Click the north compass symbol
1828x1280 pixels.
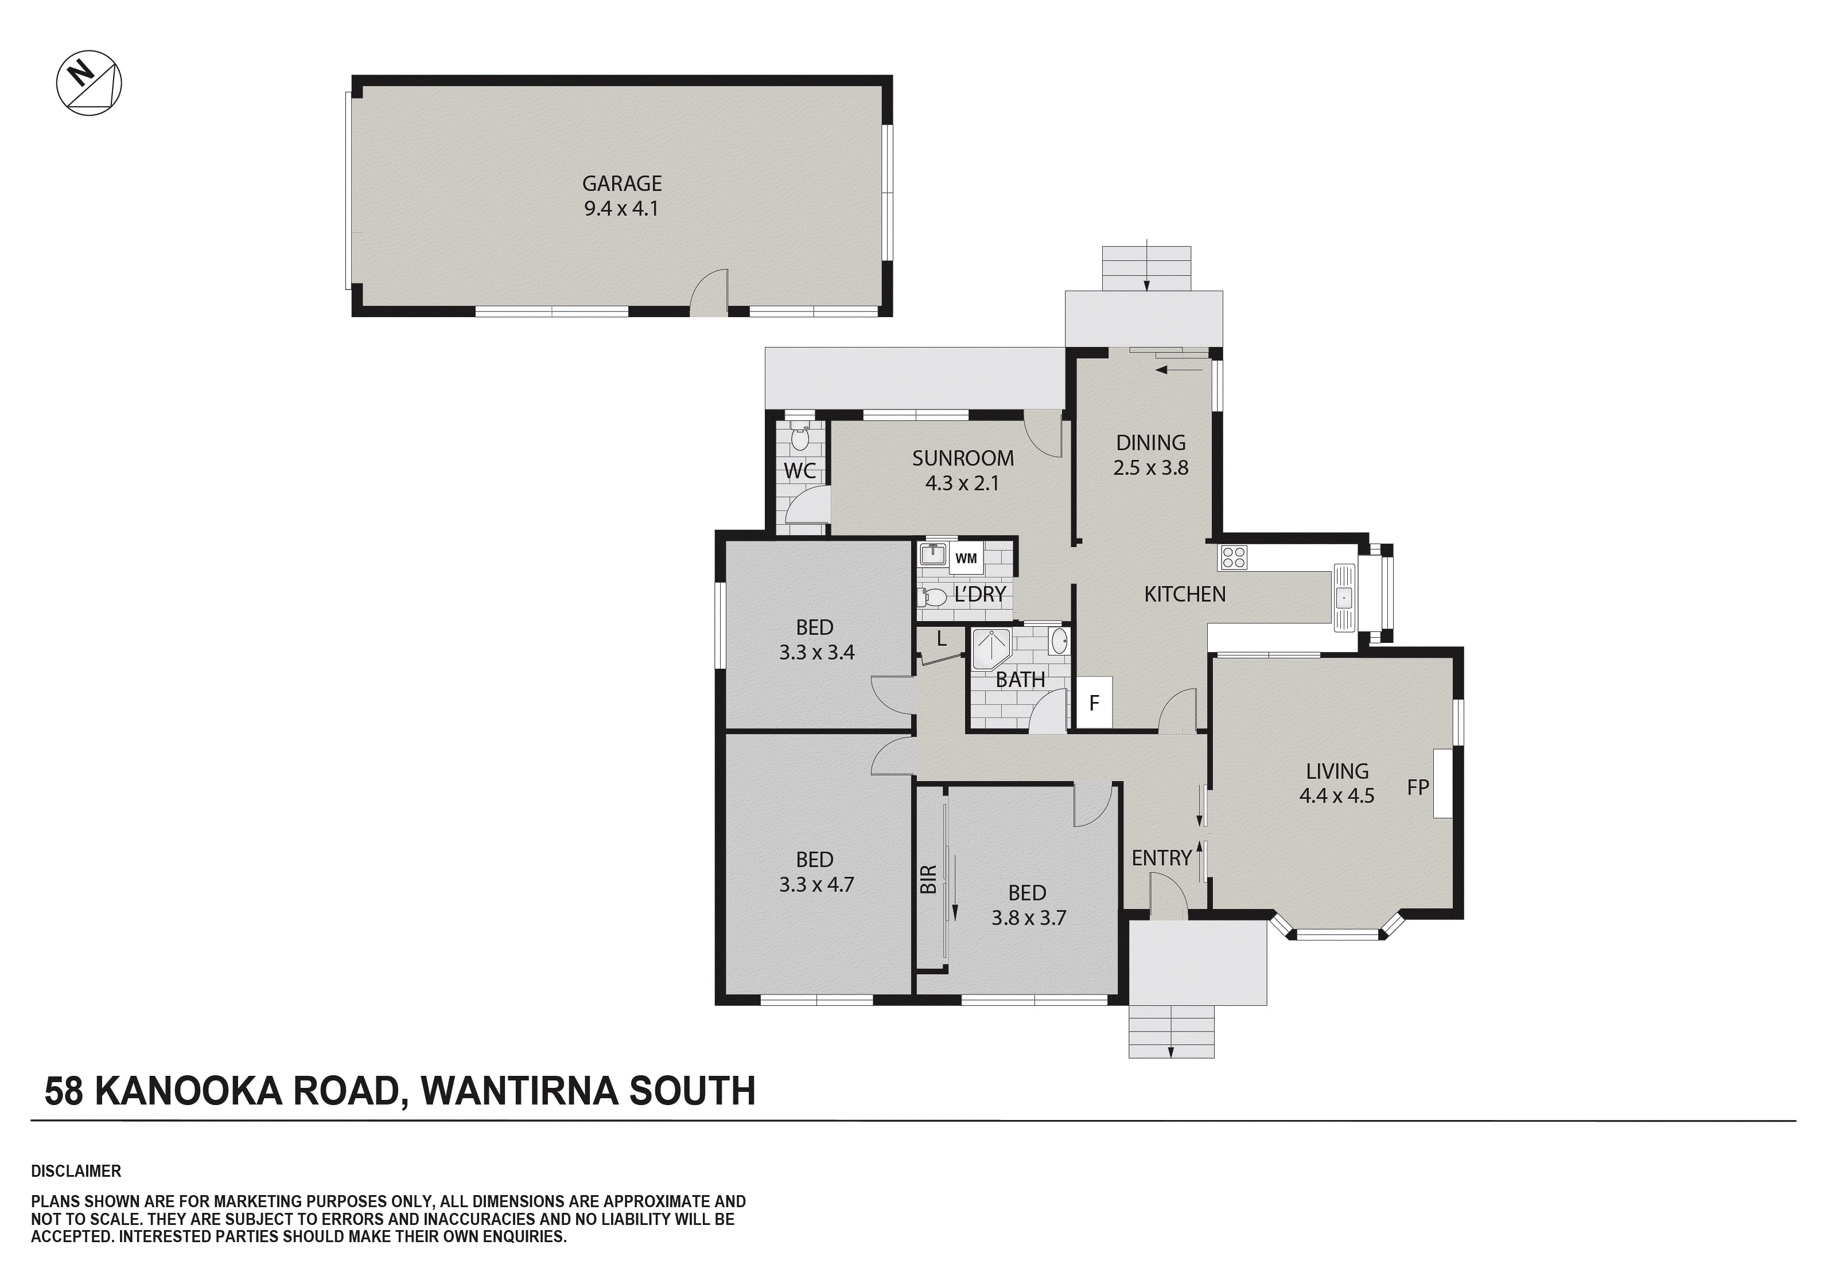pyautogui.click(x=89, y=83)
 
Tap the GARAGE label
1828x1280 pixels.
pyautogui.click(x=622, y=184)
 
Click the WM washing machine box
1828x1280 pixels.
pyautogui.click(x=966, y=558)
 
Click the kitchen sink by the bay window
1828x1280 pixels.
pyautogui.click(x=1344, y=597)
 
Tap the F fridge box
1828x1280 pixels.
pyautogui.click(x=1094, y=703)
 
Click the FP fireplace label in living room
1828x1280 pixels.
pyautogui.click(x=1418, y=787)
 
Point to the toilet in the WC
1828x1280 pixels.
pyautogui.click(x=800, y=436)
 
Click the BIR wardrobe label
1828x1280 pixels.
pyautogui.click(x=928, y=880)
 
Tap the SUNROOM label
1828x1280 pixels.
pyautogui.click(x=963, y=459)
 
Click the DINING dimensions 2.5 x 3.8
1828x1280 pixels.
pyautogui.click(x=1150, y=468)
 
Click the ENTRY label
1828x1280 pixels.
pyautogui.click(x=1162, y=858)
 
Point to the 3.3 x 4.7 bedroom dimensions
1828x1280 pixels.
pyautogui.click(x=816, y=884)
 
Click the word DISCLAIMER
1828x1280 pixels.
pyautogui.click(x=76, y=1171)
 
